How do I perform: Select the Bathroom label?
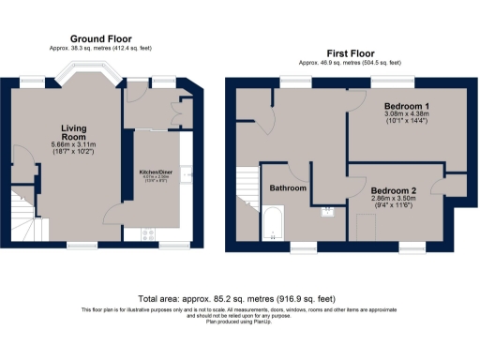[289, 188]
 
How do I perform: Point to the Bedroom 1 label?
[406, 108]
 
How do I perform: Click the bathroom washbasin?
[328, 209]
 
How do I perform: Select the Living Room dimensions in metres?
[74, 144]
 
